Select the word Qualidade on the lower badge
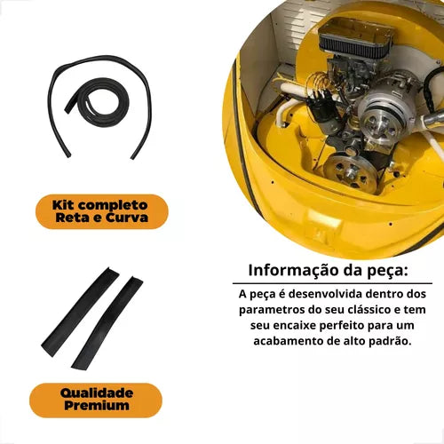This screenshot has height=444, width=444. click(x=97, y=393)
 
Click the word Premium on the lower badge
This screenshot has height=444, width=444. click(x=97, y=405)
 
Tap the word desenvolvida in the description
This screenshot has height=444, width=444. click(x=325, y=294)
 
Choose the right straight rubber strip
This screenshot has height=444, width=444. click(x=107, y=321)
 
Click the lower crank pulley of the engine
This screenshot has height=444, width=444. click(x=351, y=172)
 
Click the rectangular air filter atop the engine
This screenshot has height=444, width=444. click(x=356, y=36)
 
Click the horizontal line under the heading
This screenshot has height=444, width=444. click(x=332, y=283)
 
